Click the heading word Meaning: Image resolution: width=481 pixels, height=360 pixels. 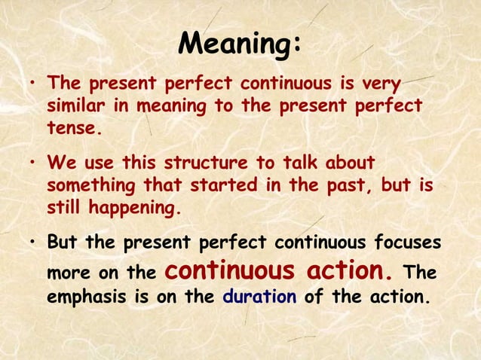pyautogui.click(x=240, y=44)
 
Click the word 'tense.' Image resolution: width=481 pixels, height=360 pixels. pyautogui.click(x=73, y=128)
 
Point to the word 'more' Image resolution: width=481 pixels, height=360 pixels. pyautogui.click(x=69, y=271)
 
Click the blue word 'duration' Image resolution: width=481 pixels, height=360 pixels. pyautogui.click(x=260, y=296)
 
